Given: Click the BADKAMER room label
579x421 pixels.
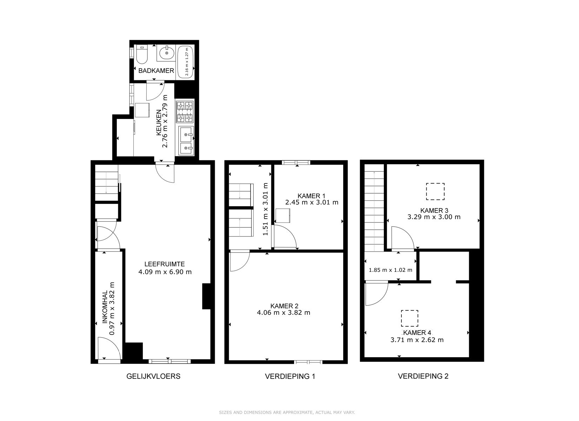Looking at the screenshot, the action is pos(156,71).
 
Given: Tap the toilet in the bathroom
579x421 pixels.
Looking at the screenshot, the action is pos(142,54).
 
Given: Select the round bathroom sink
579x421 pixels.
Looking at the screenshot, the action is pos(166,53).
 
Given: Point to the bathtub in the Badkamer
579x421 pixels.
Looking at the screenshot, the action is pos(186,61).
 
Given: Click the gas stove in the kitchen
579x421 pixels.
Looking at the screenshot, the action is pos(185,112).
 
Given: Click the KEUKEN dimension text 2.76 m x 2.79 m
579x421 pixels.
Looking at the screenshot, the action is pos(165,121).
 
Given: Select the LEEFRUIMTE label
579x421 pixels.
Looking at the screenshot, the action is pos(165,264).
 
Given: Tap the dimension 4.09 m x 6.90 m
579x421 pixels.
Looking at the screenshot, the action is pos(165,272).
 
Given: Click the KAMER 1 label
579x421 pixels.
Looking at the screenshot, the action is pos(311,196).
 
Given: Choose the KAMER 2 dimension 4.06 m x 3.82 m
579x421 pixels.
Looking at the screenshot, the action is pos(284,313).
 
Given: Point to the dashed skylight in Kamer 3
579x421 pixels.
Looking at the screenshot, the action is pos(435,191).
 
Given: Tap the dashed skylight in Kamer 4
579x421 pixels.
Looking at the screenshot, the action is pos(410,318).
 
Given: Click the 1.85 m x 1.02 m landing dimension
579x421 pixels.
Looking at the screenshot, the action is pos(391,270).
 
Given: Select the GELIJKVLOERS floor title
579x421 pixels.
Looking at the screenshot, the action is pos(153,376).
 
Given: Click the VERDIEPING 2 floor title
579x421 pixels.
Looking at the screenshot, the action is pos(423,376).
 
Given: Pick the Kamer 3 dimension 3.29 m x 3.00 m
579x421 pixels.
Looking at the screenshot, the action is pos(434,217).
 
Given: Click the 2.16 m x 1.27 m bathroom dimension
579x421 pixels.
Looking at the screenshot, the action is pos(187,61).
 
